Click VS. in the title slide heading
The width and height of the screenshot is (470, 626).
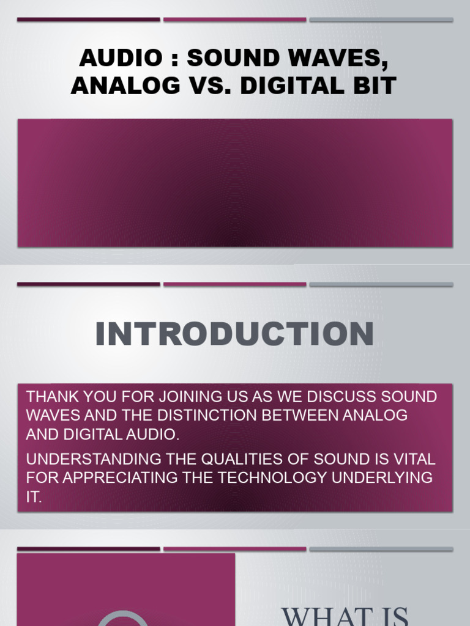(207, 86)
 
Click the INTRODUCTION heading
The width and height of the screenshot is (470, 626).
(234, 334)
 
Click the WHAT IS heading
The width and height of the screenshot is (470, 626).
(345, 614)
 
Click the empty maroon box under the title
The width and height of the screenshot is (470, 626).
(235, 183)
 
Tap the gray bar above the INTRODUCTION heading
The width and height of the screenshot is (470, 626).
(381, 284)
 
